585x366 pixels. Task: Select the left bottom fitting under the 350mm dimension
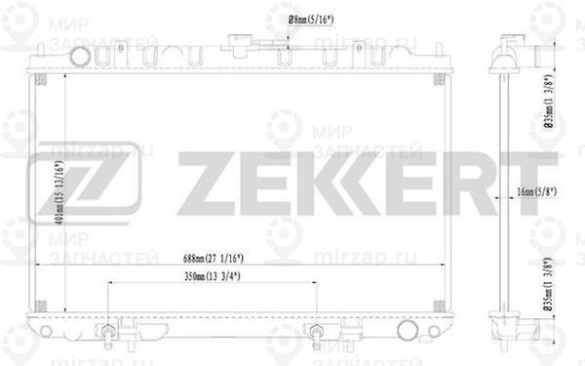point(106,334)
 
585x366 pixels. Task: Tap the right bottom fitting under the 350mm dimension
point(315,334)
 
